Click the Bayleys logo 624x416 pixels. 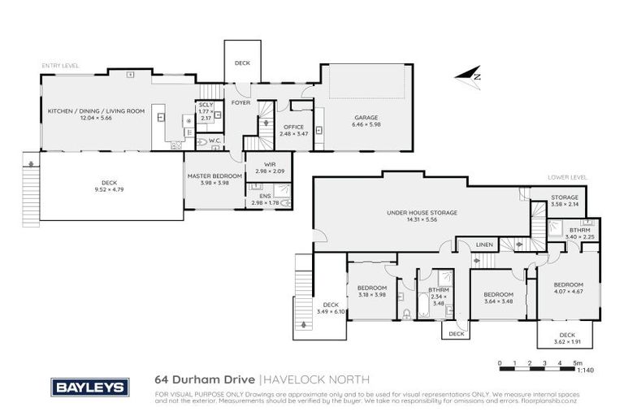click(89, 387)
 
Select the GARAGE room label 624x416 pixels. click(365, 117)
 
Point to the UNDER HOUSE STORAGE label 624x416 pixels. click(422, 212)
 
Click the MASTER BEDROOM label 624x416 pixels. click(214, 175)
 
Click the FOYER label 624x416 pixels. click(240, 103)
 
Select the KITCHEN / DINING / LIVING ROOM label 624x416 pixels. click(96, 110)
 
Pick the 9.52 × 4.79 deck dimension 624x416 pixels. click(109, 188)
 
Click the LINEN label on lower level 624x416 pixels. click(484, 245)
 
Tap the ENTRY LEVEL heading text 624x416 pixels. click(61, 65)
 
